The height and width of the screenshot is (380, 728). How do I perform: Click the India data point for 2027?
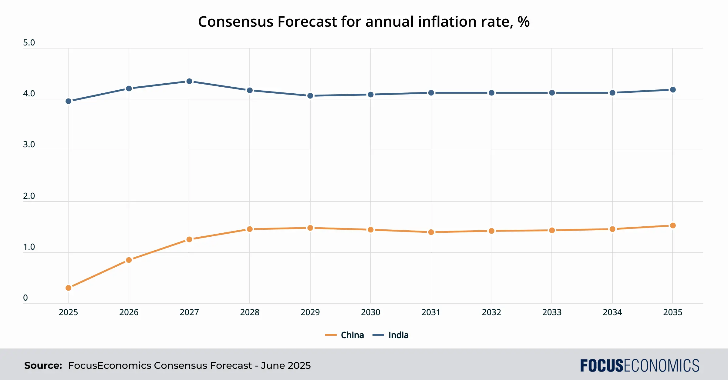coord(189,81)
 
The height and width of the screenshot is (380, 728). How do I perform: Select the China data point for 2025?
coord(69,288)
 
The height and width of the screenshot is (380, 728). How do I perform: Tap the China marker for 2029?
coord(310,228)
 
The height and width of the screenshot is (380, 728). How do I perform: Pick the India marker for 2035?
coord(673,90)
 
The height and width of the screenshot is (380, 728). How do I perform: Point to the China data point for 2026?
coord(129,260)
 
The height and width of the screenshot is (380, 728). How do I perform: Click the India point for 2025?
coord(69,101)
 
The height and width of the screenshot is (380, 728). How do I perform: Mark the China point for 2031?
coord(431,232)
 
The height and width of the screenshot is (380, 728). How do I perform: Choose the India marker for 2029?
coord(310,96)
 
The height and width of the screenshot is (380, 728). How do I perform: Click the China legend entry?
coord(345,335)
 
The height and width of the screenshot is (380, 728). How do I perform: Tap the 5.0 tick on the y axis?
coord(29,43)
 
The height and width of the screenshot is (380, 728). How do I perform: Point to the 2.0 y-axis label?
coord(29,196)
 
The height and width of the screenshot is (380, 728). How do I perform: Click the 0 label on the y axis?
coord(25,298)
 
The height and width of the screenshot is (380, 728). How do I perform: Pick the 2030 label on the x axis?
coord(370,312)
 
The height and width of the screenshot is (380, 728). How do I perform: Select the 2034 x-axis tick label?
coord(612,312)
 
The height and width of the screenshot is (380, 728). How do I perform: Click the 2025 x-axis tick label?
coord(68,312)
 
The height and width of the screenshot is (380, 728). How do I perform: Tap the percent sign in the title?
coord(524,22)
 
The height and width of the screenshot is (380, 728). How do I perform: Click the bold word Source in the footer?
coord(43,365)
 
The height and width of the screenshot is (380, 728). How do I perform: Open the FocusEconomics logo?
coord(640,365)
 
